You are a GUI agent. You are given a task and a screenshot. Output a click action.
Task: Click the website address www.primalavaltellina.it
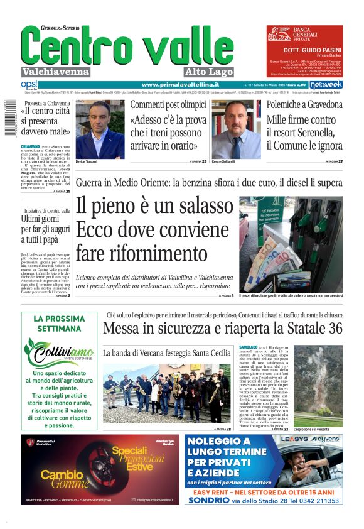coord(180,84)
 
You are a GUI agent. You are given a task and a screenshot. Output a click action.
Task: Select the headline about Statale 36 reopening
coord(223,329)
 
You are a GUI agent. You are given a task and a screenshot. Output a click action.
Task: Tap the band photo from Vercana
coord(166,393)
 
